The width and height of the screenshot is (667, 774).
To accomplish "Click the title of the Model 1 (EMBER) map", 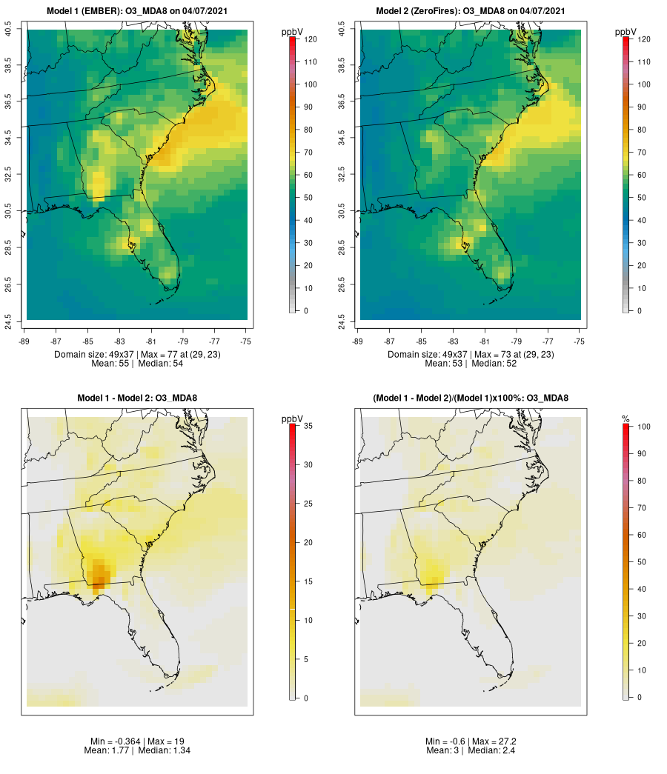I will coord(137,11).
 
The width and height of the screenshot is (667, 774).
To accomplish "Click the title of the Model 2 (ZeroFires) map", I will coord(471,11).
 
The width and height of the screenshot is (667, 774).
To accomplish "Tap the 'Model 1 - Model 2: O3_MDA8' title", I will coord(137,398).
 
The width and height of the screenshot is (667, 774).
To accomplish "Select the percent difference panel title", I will coord(471,398).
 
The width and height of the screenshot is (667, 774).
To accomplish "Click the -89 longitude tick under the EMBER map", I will coord(27,341).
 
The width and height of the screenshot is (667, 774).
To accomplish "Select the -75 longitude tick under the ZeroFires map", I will coord(580,341).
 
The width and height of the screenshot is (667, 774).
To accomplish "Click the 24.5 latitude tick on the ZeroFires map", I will coord(342,320).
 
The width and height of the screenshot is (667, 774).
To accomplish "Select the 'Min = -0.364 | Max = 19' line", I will coord(137,741).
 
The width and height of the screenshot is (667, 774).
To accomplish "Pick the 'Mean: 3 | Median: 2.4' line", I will coord(471,750).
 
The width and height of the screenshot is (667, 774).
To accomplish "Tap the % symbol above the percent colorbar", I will coord(625,419).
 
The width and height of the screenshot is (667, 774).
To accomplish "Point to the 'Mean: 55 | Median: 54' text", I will coord(137,364).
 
